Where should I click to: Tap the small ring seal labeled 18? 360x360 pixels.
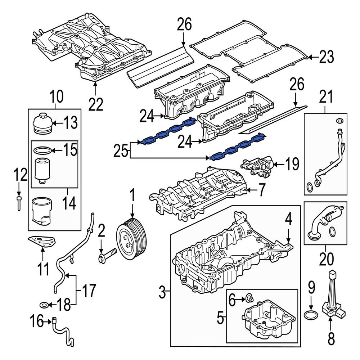44,305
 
